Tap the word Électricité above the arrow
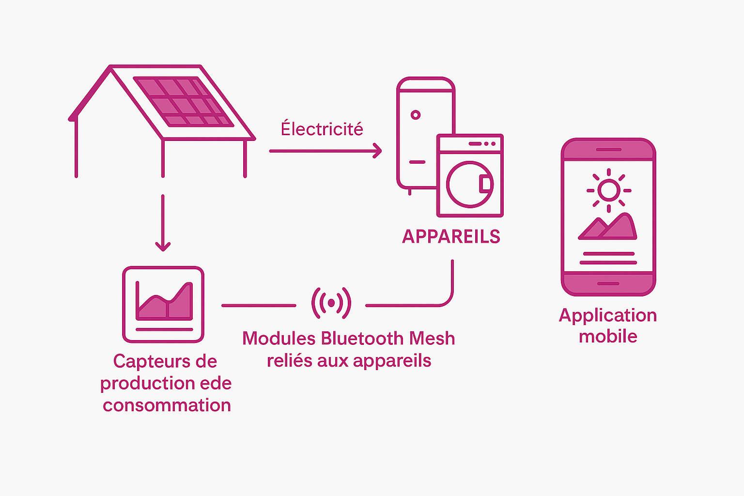[x=322, y=129]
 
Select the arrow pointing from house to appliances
[x=325, y=151]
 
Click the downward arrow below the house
[x=163, y=223]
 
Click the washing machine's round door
[x=469, y=185]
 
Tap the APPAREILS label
[x=451, y=236]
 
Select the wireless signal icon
[x=331, y=303]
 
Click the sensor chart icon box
[x=163, y=304]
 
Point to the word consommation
[x=167, y=405]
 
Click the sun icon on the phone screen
[x=608, y=190]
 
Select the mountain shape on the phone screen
[x=608, y=227]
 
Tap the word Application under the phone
[x=608, y=316]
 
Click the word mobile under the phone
[x=608, y=336]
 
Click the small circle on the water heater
[x=415, y=115]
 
